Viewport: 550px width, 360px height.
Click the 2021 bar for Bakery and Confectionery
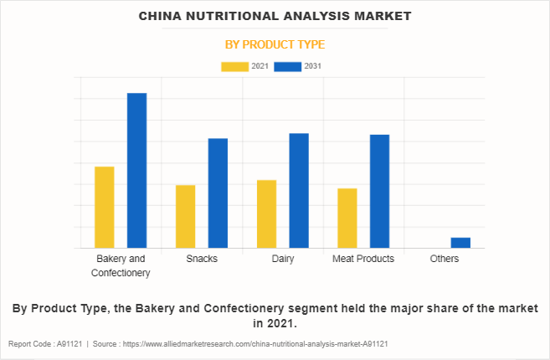[x=105, y=207]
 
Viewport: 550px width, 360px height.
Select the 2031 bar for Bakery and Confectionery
[x=136, y=170]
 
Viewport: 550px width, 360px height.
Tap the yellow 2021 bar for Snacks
[x=185, y=216]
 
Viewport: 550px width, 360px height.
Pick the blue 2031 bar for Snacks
[x=218, y=193]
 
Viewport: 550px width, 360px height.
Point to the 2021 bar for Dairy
[x=266, y=213]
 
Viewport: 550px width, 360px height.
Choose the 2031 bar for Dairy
[x=299, y=190]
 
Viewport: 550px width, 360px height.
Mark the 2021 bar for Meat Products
[x=347, y=218]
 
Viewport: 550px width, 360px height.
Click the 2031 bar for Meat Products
[x=379, y=191]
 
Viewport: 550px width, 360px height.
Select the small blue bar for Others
[x=460, y=243]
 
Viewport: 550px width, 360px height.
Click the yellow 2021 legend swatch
[x=234, y=66]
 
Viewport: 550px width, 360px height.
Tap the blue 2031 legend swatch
[x=288, y=66]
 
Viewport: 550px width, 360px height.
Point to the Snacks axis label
[x=202, y=259]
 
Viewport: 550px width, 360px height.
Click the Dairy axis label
[x=283, y=259]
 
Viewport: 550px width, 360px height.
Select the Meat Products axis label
[x=363, y=259]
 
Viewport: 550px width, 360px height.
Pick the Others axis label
[x=445, y=259]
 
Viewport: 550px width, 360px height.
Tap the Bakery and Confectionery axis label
[x=121, y=265]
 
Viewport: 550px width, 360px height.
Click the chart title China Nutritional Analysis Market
[x=275, y=16]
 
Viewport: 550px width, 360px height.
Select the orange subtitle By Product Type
[x=275, y=44]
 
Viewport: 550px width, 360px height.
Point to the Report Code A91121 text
[x=44, y=344]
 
